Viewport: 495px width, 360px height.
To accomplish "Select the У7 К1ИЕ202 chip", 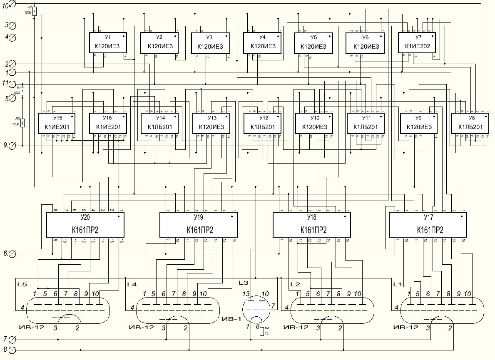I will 417,42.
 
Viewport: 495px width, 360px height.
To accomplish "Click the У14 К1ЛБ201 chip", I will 160,123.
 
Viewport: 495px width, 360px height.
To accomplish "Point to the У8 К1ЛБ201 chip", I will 470,123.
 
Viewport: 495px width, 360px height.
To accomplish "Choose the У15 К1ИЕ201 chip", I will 57,123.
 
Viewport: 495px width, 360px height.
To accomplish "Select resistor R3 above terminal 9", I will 22,123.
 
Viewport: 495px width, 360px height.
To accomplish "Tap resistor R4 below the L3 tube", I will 262,331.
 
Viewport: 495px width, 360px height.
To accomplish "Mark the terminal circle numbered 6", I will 12,253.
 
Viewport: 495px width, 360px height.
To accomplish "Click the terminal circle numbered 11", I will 12,84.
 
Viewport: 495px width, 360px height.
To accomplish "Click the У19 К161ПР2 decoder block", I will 199,224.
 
